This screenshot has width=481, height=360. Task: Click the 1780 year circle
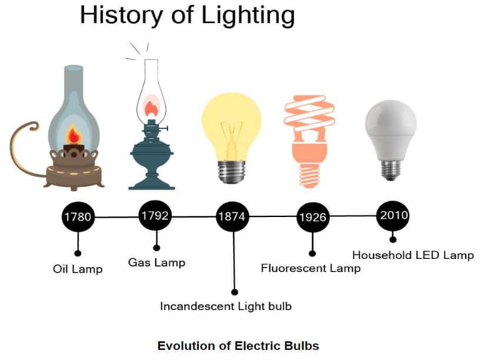[x=78, y=218]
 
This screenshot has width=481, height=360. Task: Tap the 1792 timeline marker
[x=156, y=216]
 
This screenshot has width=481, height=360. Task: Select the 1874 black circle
[x=234, y=217]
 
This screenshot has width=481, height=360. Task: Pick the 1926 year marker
[x=312, y=218]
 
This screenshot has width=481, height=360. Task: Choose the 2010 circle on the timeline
[x=394, y=216]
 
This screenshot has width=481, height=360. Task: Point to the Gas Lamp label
[x=157, y=262]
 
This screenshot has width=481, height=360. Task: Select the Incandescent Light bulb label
[x=225, y=307]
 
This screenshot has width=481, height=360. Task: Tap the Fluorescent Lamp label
[x=311, y=268]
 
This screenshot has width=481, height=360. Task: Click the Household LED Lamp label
[x=413, y=255]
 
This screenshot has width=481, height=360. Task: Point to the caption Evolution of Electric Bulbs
[x=238, y=346]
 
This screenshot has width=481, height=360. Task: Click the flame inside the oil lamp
[x=74, y=136]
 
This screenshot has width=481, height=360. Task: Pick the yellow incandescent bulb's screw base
[x=234, y=171]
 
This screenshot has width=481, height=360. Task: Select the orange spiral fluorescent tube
[x=310, y=121]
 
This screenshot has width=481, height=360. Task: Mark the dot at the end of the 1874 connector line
[x=234, y=291]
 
